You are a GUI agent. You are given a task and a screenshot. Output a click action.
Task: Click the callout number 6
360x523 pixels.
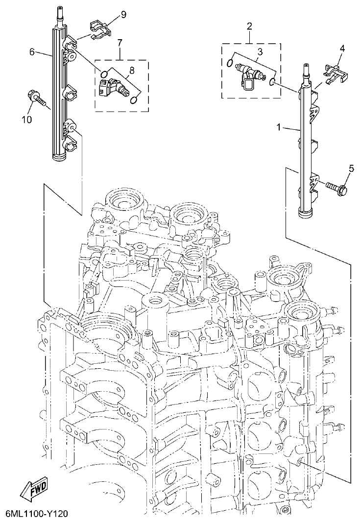(32, 52)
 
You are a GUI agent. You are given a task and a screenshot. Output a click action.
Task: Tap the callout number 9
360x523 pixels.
(123, 14)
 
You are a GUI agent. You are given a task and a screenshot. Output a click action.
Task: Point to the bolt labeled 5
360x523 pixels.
(336, 186)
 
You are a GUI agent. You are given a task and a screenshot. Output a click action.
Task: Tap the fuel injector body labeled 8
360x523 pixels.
(114, 89)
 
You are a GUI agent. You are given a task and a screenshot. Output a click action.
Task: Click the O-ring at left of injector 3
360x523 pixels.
(230, 62)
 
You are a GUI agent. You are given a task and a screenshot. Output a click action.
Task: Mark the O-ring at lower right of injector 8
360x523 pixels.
(134, 101)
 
